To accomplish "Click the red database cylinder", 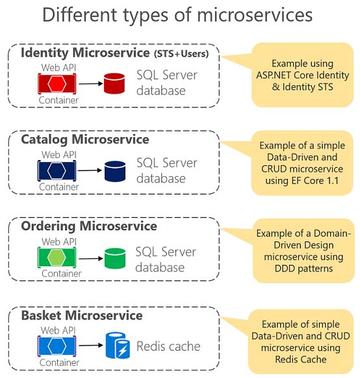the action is (114, 83).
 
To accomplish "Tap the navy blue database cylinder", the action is (115, 171).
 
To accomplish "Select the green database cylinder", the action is (115, 258).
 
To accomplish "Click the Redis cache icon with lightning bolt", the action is (118, 345).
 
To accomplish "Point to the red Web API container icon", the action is (57, 84).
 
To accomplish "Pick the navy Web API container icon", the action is (57, 170).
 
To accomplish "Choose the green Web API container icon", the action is (57, 257).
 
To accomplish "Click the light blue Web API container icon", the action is (57, 346).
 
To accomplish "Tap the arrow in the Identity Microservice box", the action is (91, 84).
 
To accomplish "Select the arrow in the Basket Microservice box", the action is (91, 345).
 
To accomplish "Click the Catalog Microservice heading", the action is (85, 140).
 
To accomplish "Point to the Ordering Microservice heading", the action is (89, 226).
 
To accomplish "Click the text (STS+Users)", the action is (181, 54).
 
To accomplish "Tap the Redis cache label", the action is (168, 346).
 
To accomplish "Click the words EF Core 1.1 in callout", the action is (315, 181).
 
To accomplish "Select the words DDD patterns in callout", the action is (303, 268).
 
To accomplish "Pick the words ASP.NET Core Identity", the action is (302, 75).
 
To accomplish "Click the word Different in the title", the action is (80, 15).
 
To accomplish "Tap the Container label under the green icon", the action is (61, 274).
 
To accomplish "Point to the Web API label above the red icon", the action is (58, 68).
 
